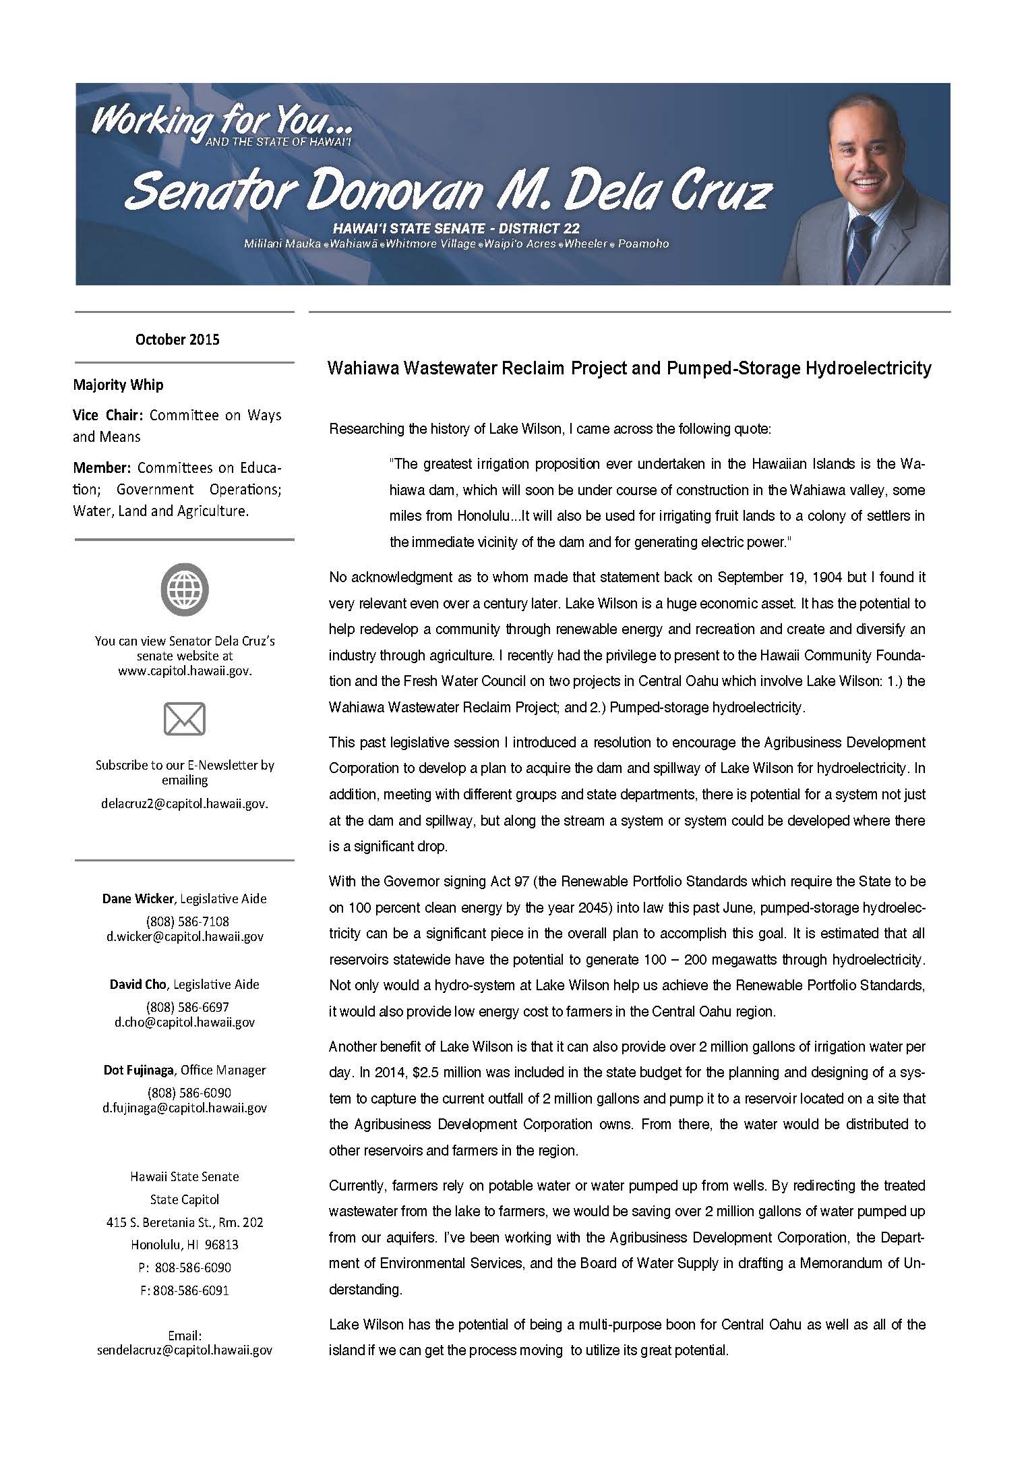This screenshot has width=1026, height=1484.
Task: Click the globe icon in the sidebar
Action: (184, 590)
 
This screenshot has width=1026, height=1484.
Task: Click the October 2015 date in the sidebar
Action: (177, 339)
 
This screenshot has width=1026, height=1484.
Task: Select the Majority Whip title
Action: (118, 385)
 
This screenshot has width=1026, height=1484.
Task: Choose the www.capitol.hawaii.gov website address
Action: (184, 671)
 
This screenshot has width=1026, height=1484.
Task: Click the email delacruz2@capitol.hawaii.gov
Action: (184, 803)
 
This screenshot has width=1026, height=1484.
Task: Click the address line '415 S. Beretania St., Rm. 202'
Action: (184, 1222)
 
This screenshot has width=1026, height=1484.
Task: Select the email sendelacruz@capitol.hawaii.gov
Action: (184, 1350)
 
